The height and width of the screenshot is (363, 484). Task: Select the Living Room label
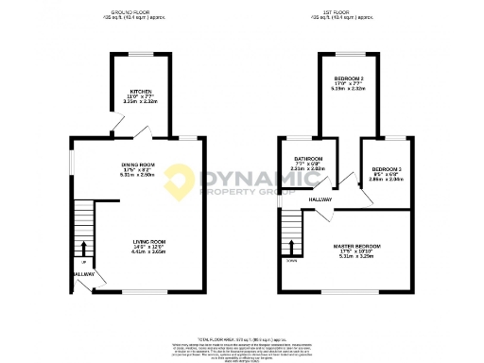148,242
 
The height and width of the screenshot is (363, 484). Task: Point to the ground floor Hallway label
82,274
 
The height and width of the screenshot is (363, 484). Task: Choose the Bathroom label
309,158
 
